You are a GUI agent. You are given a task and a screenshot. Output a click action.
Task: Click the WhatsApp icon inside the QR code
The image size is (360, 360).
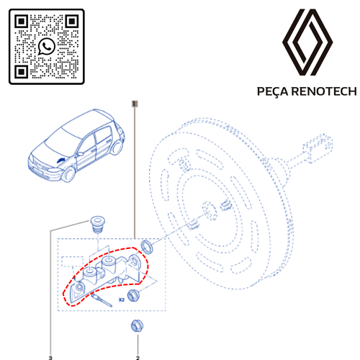click(47, 46)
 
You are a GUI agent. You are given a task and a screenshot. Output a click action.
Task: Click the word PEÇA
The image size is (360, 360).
click(273, 91)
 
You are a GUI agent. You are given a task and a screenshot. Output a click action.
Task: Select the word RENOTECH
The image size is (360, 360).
click(324, 91)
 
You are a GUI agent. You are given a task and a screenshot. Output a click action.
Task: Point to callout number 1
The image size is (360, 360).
click(135, 104)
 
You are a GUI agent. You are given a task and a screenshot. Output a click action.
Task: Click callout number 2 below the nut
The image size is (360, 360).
click(138, 358)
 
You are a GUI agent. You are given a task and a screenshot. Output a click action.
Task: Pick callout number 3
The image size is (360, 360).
click(50, 358)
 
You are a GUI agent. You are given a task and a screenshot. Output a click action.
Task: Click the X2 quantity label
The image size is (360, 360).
click(122, 300)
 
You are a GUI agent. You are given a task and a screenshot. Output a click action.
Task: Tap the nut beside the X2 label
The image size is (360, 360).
click(133, 296)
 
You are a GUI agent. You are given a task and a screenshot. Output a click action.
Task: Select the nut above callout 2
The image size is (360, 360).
click(137, 326)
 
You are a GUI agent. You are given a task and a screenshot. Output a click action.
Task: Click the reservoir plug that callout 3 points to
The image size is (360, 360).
click(98, 225)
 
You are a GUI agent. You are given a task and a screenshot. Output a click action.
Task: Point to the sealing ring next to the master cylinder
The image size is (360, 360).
click(147, 247)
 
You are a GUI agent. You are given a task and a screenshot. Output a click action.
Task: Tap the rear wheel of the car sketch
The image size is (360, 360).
click(117, 147)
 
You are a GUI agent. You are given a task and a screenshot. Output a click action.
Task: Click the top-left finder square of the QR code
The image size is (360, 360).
click(22, 22)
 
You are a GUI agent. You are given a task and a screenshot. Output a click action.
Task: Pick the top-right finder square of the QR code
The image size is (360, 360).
click(72, 22)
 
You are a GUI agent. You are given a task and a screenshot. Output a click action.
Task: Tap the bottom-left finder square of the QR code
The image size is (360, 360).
click(22, 72)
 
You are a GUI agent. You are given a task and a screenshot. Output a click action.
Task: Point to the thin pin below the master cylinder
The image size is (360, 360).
click(102, 300)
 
